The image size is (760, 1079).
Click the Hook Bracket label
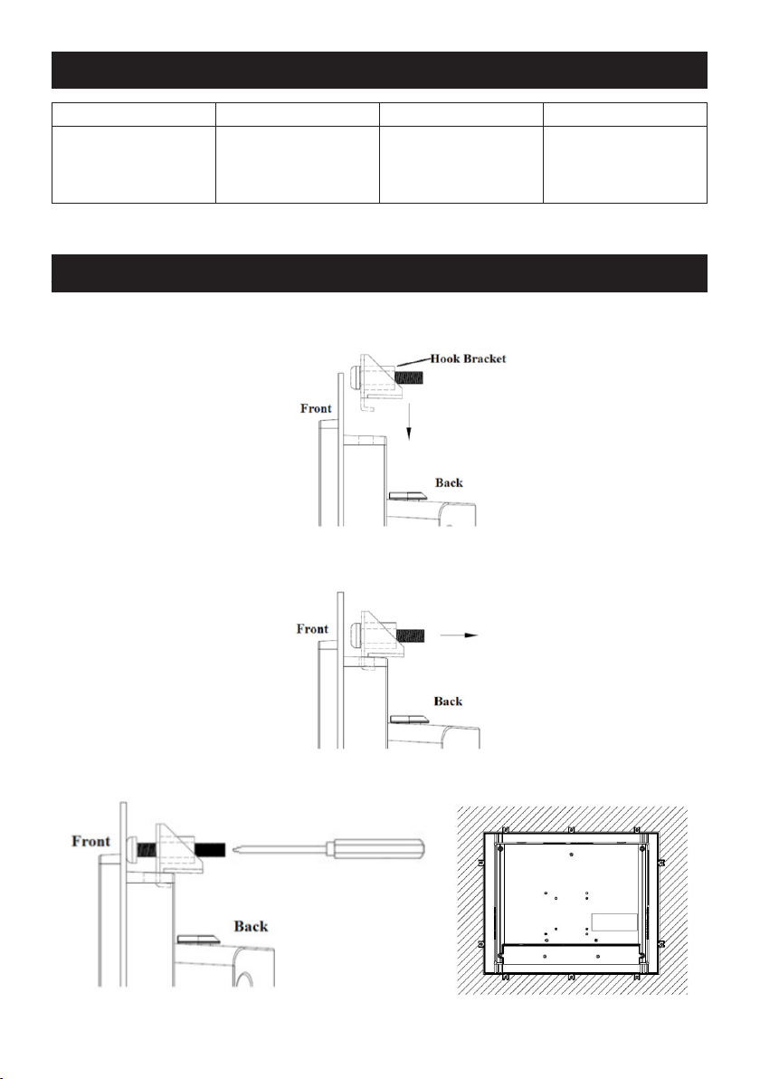[469, 358]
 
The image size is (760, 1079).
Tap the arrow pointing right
[459, 635]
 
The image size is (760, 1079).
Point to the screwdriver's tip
[235, 848]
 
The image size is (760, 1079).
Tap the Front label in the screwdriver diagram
[90, 841]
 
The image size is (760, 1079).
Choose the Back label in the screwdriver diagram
[251, 926]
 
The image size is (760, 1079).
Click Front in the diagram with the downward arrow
[316, 408]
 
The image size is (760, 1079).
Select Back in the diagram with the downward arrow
[449, 482]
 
